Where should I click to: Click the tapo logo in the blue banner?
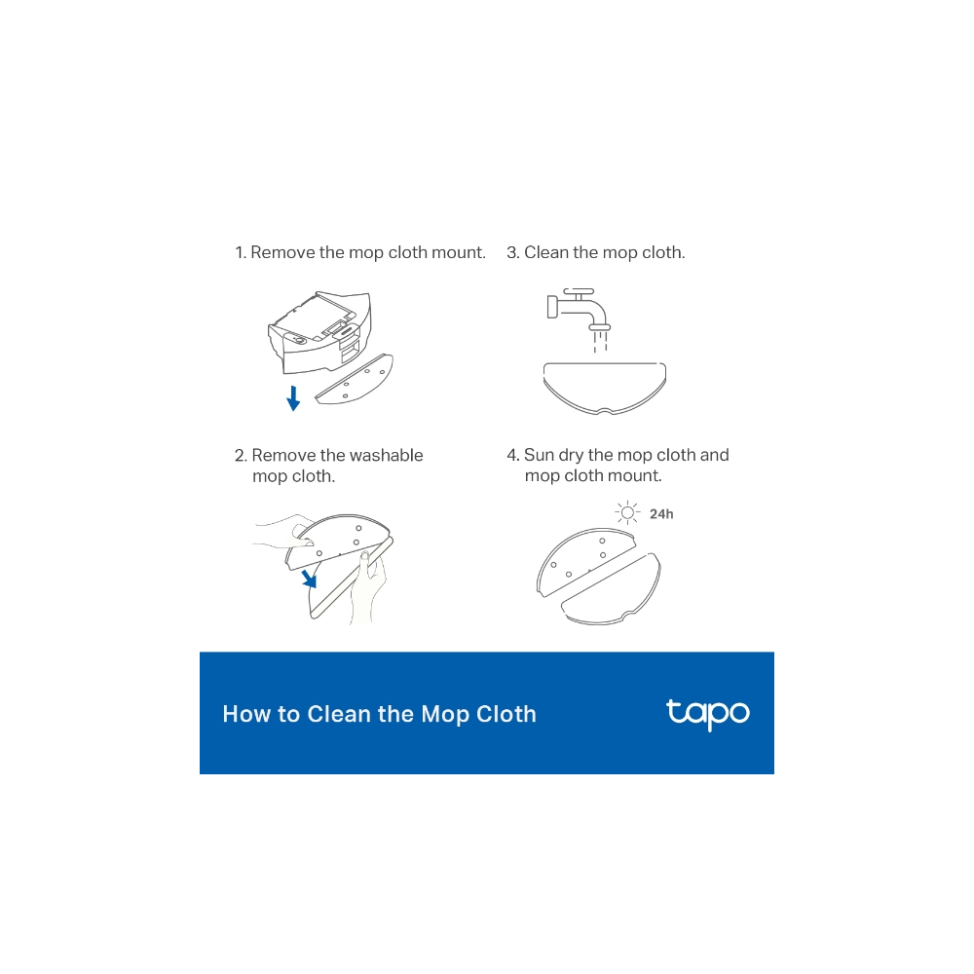707,714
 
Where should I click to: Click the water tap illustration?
579,310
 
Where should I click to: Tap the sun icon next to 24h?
627,512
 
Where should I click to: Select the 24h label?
661,514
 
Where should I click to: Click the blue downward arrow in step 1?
293,398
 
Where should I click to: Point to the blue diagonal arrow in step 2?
309,579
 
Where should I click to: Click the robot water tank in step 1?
319,332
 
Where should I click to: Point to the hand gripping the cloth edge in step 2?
369,587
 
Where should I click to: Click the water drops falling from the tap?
600,342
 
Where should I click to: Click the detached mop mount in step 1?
355,380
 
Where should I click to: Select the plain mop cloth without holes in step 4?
612,589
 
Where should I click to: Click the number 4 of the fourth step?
512,455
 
